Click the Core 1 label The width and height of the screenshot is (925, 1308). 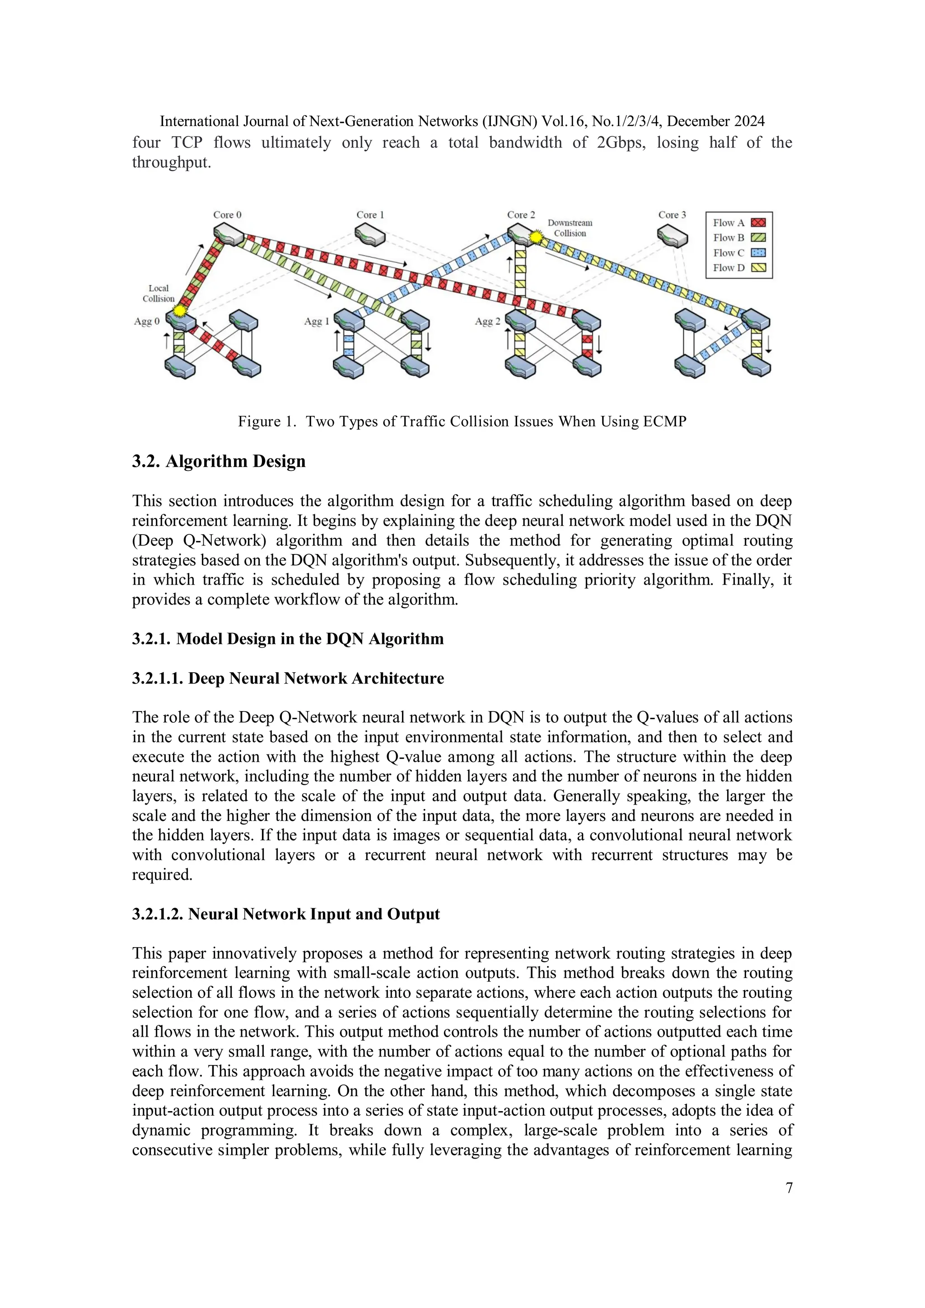pyautogui.click(x=370, y=215)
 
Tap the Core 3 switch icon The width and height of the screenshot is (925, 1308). pyautogui.click(x=672, y=235)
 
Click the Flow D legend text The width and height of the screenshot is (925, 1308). pyautogui.click(x=729, y=268)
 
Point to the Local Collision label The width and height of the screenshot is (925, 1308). pyautogui.click(x=159, y=293)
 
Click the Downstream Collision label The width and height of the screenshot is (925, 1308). pyautogui.click(x=570, y=228)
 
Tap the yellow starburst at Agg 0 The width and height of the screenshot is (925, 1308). pyautogui.click(x=180, y=311)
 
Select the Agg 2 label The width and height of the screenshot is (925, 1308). pyautogui.click(x=487, y=321)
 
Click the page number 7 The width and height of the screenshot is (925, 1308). pyautogui.click(x=789, y=1188)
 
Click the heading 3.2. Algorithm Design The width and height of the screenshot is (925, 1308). pyautogui.click(x=219, y=461)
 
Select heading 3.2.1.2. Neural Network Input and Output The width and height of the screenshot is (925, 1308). pyautogui.click(x=285, y=914)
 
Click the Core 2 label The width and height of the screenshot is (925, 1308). pyautogui.click(x=521, y=215)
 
